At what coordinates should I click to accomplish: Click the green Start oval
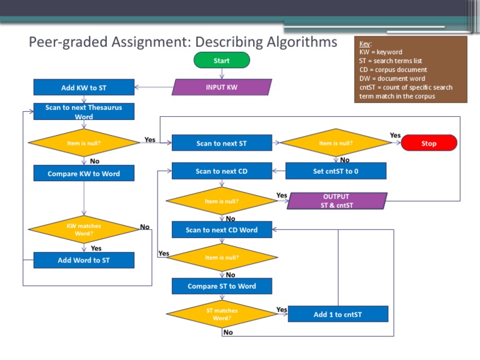tap(221, 61)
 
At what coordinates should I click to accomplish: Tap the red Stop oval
tap(429, 143)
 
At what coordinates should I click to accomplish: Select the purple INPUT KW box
tap(222, 87)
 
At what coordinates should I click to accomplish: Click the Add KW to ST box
tap(84, 87)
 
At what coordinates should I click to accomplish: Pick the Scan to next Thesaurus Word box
tap(84, 112)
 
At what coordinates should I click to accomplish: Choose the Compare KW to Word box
tap(84, 173)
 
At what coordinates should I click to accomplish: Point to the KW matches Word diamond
tap(84, 229)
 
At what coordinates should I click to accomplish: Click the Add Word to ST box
tap(84, 260)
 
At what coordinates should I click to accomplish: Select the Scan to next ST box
tap(222, 143)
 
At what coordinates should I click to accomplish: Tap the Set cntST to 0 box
tap(336, 171)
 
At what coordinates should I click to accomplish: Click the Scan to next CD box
tap(222, 171)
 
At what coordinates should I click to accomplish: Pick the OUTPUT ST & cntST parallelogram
tap(336, 201)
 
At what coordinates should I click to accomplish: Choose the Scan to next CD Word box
tap(222, 229)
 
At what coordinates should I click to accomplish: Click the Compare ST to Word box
tap(222, 286)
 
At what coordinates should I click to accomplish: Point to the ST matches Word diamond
tap(222, 314)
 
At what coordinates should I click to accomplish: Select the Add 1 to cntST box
tap(337, 314)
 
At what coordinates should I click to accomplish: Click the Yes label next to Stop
tap(395, 135)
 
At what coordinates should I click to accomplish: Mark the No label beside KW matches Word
tap(145, 227)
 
